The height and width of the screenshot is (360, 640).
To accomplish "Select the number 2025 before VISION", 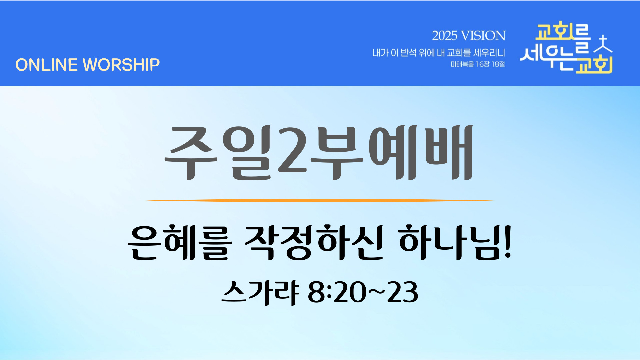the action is [x=445, y=36].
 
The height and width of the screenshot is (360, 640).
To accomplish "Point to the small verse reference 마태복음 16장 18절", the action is [x=478, y=64].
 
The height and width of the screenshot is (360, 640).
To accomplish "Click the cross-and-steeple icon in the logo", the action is [x=603, y=45].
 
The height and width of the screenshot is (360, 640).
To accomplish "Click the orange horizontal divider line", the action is [x=320, y=201].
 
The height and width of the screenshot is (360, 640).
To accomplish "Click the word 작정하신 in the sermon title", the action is [x=314, y=242].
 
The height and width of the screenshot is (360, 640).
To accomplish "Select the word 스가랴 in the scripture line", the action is [x=260, y=292].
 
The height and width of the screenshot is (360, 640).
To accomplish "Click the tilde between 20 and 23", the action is [x=376, y=291].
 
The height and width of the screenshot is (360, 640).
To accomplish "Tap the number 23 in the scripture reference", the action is [x=403, y=292].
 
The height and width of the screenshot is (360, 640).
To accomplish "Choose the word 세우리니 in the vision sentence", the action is [x=489, y=53].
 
